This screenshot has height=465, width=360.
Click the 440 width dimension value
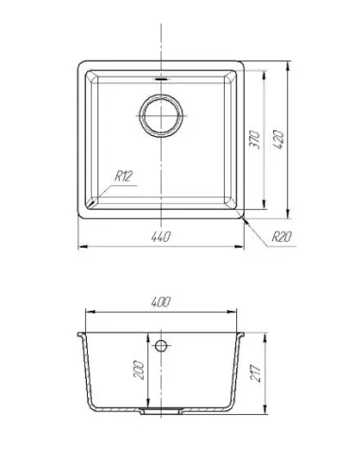click(161, 236)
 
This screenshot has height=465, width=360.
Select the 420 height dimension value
click(279, 140)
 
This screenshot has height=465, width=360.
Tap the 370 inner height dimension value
click(254, 140)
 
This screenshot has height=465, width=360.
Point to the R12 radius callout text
click(123, 176)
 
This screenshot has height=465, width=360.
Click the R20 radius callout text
click(282, 236)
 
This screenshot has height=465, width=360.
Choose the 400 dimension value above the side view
click(161, 301)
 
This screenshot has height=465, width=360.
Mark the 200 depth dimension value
click(139, 370)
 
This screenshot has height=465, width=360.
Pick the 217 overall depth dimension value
click(255, 373)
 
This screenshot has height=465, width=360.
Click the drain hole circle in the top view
click(162, 115)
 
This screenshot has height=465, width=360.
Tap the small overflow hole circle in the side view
click(161, 346)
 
